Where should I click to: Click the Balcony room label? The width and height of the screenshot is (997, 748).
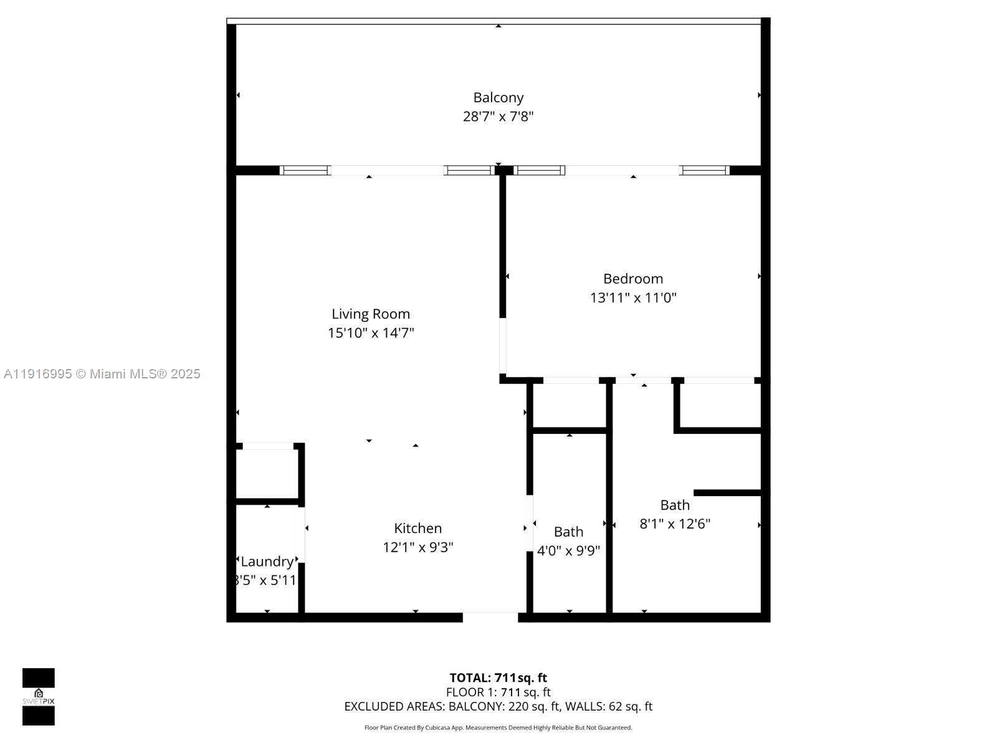498,97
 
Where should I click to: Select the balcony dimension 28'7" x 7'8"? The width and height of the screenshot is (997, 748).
498,117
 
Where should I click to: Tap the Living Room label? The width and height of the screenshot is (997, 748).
370,314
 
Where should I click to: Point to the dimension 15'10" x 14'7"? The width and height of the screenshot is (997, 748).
371,333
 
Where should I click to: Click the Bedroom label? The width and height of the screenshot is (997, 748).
632,279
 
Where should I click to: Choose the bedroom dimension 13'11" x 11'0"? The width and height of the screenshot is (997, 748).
632,298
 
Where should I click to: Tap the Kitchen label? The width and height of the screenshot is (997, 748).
417,529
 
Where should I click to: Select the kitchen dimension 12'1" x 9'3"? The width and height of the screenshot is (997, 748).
417,547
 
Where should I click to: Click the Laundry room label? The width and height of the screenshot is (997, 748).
267,562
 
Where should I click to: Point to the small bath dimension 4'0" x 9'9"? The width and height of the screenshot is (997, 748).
568,551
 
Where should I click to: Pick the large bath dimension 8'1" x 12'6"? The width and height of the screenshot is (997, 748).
675,524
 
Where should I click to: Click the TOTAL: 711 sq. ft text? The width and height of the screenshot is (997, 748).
498,678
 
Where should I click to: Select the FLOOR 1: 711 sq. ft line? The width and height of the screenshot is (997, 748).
498,692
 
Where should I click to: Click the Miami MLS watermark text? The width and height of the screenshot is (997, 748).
102,374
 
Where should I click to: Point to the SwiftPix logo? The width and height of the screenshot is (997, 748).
39,697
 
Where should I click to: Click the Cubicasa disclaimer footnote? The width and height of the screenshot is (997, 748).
498,727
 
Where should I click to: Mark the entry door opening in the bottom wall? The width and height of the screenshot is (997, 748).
490,617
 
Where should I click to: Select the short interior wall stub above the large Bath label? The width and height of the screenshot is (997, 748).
727,492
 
